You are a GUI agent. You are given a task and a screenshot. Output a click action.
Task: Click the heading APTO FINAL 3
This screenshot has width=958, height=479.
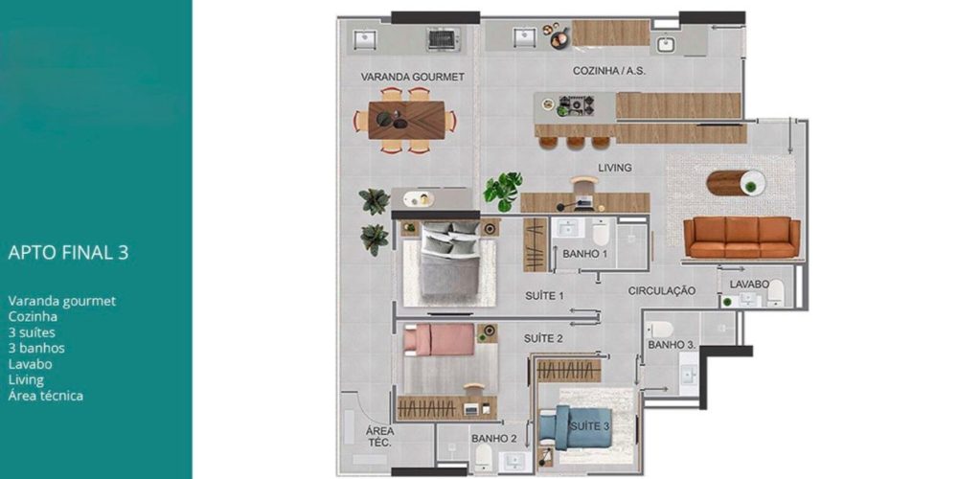pos(68,253)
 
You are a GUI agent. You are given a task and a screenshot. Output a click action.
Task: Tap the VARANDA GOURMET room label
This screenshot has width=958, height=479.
pos(412,77)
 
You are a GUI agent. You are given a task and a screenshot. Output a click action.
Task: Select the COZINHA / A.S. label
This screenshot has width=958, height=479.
pos(609,71)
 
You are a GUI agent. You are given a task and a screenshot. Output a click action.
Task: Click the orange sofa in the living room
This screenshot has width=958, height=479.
pos(741,237)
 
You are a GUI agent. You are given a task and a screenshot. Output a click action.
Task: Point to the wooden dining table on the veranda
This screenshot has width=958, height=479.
pos(406,121)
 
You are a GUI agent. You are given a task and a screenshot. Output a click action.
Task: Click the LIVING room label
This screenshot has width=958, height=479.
pos(615,168)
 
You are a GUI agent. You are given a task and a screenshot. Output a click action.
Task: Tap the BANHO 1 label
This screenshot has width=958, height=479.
pos(584,254)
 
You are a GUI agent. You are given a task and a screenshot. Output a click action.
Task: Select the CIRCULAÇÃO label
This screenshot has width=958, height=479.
pos(662,291)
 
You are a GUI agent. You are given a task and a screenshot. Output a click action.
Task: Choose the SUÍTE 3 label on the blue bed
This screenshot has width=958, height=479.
pos(589,426)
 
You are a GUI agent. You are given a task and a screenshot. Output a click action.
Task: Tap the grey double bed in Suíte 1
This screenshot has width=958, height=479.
pos(449,260)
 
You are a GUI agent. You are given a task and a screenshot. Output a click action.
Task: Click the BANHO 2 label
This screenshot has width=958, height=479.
pos(494,439)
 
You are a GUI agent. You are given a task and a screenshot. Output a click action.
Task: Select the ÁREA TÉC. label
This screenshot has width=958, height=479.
pos(379,436)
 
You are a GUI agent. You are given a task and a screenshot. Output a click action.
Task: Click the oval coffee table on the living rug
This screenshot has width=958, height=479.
pos(736,183)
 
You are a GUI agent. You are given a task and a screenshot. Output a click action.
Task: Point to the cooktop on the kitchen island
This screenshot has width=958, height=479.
pos(576,105)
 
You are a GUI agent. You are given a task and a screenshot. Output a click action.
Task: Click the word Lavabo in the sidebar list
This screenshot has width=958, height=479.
pos(30,364)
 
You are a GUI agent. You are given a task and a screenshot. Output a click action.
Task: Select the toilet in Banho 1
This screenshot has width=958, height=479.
pos(601,232)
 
